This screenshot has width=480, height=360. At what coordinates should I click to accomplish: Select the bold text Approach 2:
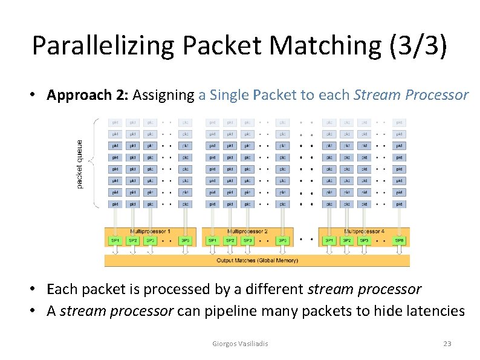(88, 95)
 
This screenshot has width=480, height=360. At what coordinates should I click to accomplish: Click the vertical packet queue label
(80, 163)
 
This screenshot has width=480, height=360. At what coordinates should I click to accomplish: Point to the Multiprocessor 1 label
(151, 232)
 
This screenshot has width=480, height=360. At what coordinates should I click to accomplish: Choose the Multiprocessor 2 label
(247, 232)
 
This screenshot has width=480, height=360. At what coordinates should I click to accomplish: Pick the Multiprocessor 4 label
(364, 232)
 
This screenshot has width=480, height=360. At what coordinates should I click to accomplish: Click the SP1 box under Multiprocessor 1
(115, 241)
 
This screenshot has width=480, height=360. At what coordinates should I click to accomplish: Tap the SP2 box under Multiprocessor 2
(230, 241)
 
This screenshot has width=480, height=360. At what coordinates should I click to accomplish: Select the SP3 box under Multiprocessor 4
(364, 241)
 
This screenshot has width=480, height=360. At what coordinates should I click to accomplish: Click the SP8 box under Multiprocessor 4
(399, 241)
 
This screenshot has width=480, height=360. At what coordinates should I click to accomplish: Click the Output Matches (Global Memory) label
(257, 261)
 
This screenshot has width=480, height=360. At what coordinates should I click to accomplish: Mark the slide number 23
(447, 344)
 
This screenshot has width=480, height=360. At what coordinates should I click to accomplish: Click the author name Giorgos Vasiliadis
(241, 344)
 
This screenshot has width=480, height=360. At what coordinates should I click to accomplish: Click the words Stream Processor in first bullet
(411, 95)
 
